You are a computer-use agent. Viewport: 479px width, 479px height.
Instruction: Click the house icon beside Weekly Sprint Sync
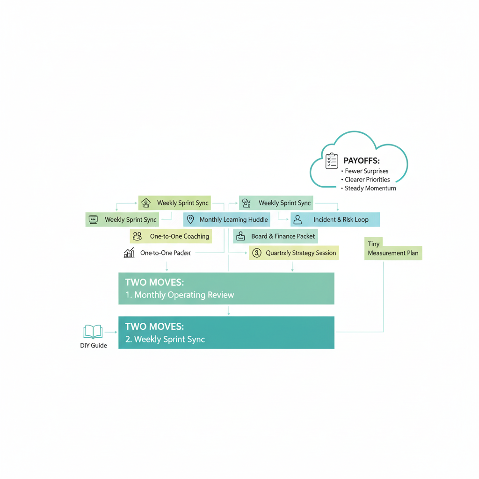pos(146,203)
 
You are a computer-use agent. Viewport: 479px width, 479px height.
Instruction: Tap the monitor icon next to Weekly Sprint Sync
pos(93,219)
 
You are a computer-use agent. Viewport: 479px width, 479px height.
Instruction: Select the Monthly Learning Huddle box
pos(226,219)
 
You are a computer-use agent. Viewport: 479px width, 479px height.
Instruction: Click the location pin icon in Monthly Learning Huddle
pos(190,219)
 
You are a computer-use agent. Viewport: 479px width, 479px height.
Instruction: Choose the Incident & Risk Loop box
pos(335,219)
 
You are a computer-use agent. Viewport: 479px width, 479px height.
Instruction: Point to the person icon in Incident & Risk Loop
pos(298,219)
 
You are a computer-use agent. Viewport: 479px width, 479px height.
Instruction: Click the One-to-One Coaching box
pos(171,236)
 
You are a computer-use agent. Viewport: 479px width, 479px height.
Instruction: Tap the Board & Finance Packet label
pos(283,236)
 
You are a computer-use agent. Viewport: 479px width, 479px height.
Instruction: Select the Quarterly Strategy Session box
pos(294,253)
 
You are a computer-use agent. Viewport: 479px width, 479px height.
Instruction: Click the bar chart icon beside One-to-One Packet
pos(129,253)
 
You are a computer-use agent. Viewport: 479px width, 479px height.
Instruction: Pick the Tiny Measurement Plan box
pos(393,248)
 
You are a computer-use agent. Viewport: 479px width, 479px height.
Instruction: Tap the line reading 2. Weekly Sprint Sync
pos(165,339)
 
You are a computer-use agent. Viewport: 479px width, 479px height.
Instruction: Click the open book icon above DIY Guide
pos(93,332)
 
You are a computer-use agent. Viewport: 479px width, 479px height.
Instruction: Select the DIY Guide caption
pos(94,346)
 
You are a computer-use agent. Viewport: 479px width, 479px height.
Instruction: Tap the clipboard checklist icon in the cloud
pos(332,161)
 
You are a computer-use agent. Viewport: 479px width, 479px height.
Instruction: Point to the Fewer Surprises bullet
pos(366,171)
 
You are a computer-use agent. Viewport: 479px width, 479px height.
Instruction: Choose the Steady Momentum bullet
pos(370,189)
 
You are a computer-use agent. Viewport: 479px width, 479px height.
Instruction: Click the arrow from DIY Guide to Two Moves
pos(111,332)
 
